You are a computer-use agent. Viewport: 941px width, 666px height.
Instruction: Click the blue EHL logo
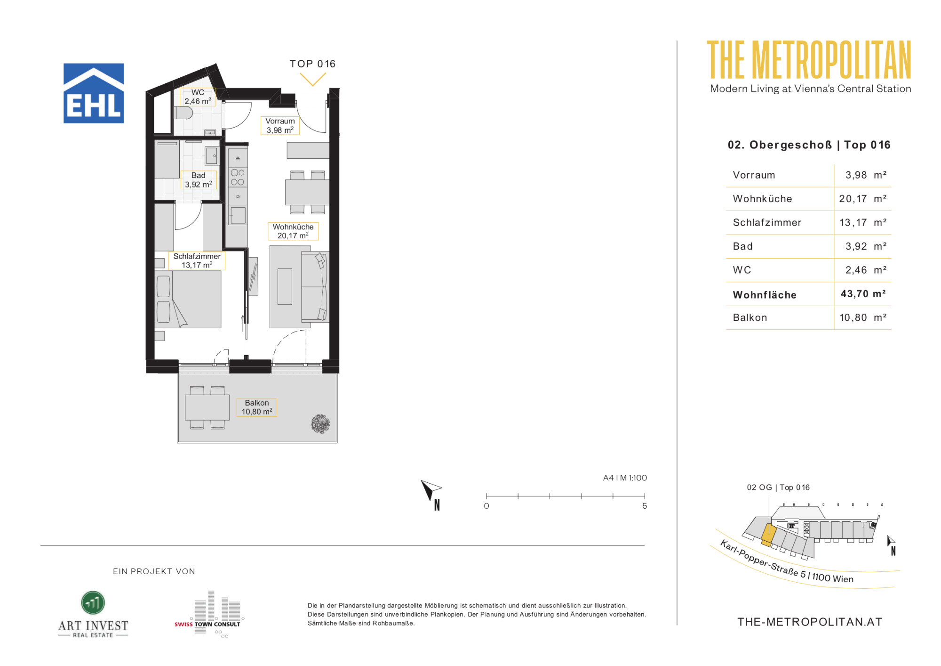(x=94, y=93)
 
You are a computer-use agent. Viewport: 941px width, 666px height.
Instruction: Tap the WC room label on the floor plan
(x=198, y=97)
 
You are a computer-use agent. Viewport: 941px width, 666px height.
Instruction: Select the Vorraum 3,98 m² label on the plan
(x=280, y=126)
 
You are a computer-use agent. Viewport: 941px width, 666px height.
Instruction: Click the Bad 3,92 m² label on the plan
(x=199, y=180)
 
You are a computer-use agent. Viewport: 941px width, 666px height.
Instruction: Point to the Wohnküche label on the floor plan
(x=293, y=231)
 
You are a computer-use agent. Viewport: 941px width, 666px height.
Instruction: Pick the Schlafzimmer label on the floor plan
(x=197, y=260)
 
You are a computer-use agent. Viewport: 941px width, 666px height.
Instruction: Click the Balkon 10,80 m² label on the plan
(x=257, y=407)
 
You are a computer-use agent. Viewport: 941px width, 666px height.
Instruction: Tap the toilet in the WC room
(x=183, y=113)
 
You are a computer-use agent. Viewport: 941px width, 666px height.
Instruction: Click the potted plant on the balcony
(x=320, y=424)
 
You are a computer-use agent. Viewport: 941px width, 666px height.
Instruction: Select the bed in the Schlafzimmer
(x=188, y=299)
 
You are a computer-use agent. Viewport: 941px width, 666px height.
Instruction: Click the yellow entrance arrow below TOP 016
(x=312, y=80)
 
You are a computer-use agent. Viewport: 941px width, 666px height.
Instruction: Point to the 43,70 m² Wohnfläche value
(x=863, y=294)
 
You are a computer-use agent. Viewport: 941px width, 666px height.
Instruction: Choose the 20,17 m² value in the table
(x=863, y=199)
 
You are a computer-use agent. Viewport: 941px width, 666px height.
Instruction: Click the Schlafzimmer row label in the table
(x=767, y=222)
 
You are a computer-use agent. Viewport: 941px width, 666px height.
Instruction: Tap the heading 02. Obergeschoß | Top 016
(x=809, y=145)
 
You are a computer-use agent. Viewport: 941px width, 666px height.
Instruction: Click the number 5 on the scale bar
(x=645, y=506)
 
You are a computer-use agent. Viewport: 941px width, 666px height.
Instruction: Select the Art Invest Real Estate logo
(x=93, y=614)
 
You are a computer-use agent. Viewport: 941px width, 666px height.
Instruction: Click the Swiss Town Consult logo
(x=207, y=614)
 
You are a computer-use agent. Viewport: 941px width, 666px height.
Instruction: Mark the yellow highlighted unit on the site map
(x=768, y=535)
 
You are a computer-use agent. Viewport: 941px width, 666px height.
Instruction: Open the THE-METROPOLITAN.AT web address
(x=810, y=622)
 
